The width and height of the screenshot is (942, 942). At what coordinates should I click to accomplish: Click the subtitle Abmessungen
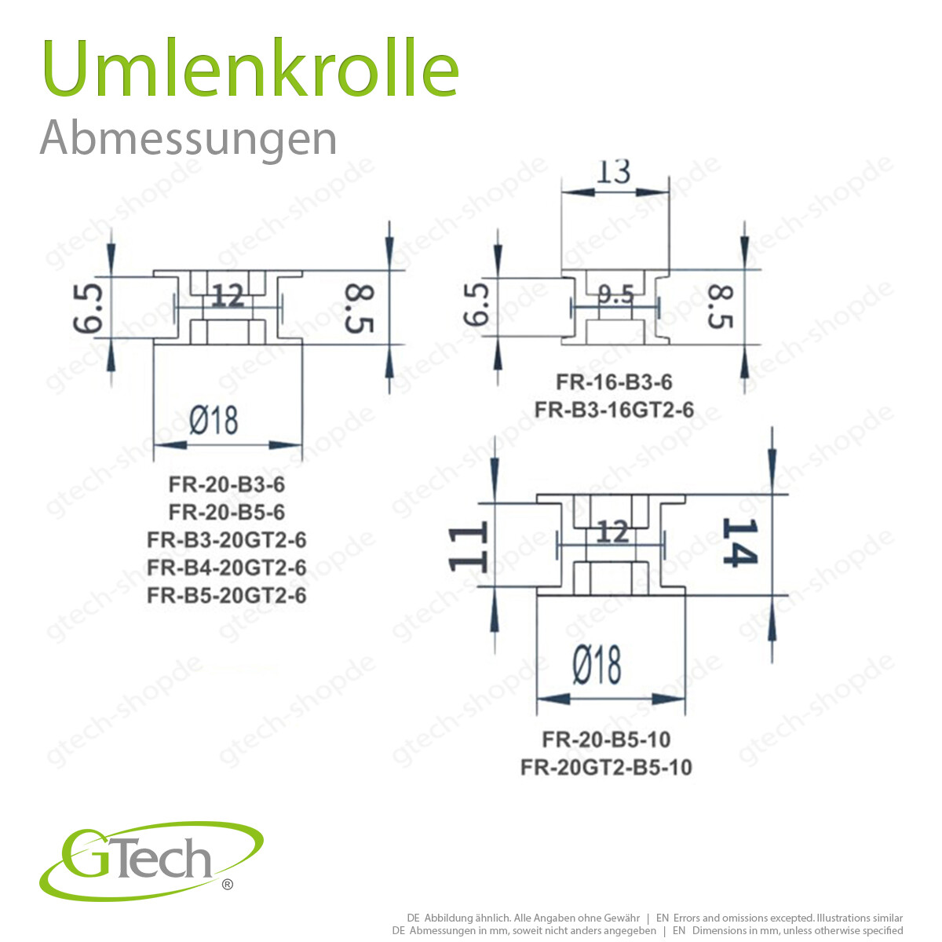click(x=188, y=138)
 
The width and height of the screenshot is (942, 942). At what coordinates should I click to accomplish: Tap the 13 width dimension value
click(x=614, y=171)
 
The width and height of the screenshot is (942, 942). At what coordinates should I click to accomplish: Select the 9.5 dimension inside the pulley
click(x=615, y=295)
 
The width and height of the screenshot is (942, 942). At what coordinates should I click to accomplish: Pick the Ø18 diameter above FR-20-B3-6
click(x=214, y=420)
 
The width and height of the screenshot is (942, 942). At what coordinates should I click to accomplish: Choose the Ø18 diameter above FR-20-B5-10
click(x=597, y=666)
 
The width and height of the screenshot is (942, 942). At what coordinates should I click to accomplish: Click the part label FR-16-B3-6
click(x=615, y=382)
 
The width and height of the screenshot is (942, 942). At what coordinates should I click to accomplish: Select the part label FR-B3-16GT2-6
click(x=615, y=410)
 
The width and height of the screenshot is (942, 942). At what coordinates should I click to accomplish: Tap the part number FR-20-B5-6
click(x=227, y=513)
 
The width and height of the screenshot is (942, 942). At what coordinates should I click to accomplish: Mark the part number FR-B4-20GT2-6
click(x=227, y=568)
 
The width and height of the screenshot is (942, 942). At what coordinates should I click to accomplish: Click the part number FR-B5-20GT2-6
click(x=227, y=596)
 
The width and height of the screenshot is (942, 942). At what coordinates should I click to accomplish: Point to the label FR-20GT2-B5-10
click(x=607, y=767)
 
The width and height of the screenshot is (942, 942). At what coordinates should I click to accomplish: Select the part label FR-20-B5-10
click(x=607, y=739)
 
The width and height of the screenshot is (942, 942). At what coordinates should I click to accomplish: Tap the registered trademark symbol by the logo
click(x=228, y=885)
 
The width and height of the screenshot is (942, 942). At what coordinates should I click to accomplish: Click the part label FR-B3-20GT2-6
click(x=227, y=540)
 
